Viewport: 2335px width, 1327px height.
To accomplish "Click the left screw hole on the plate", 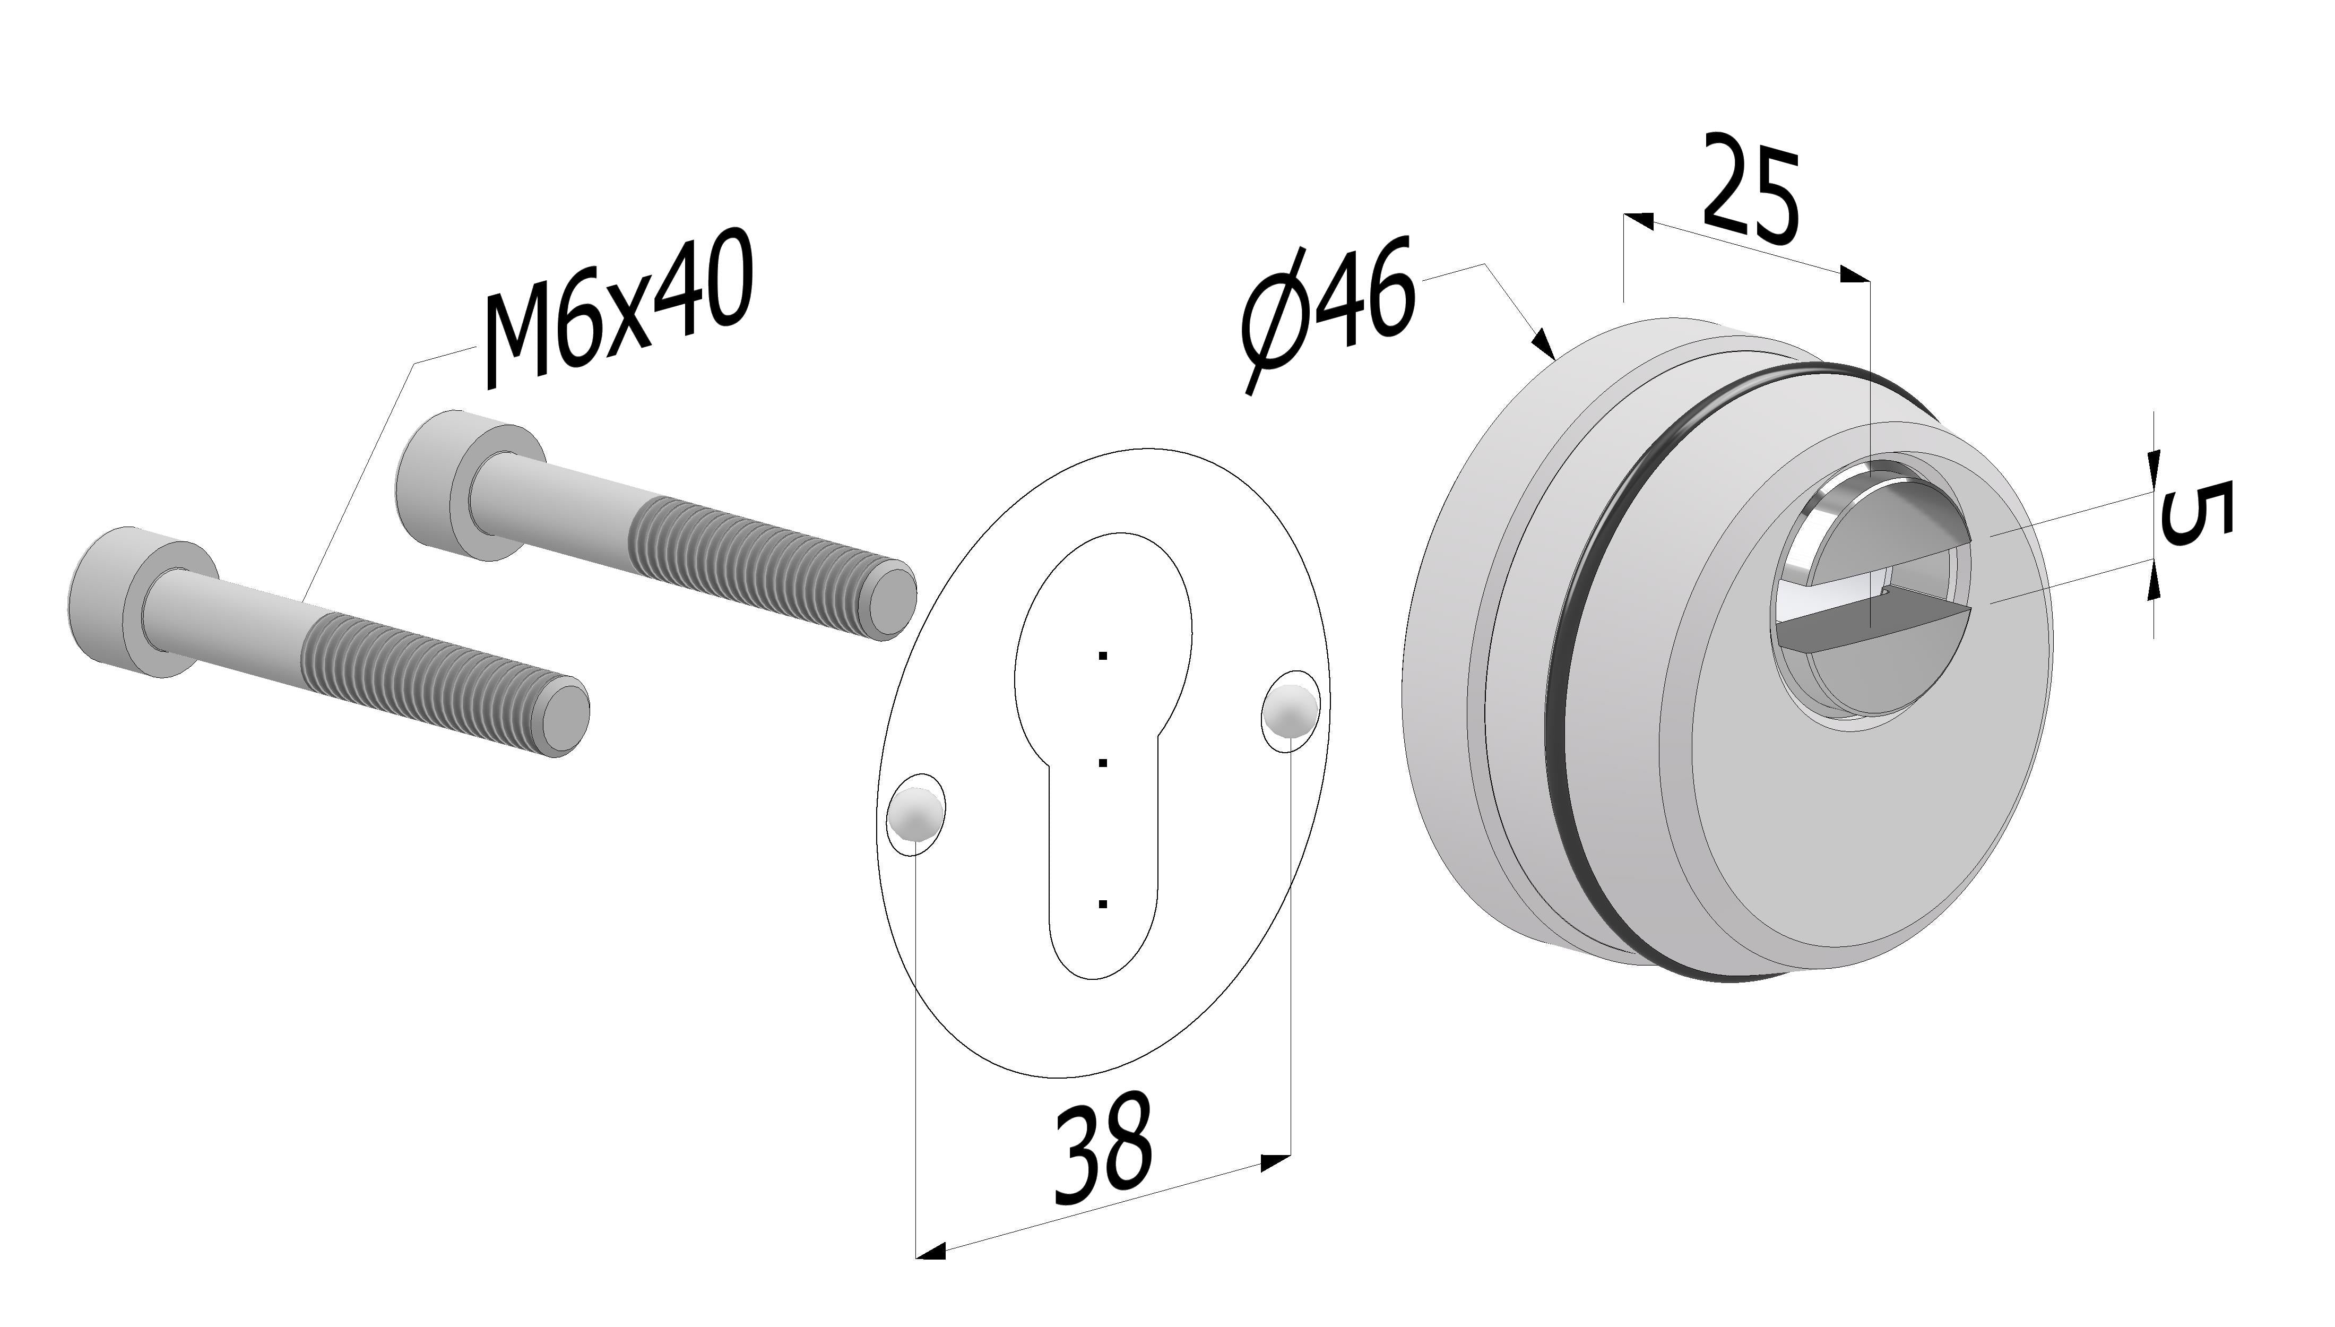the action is pos(915,814).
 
